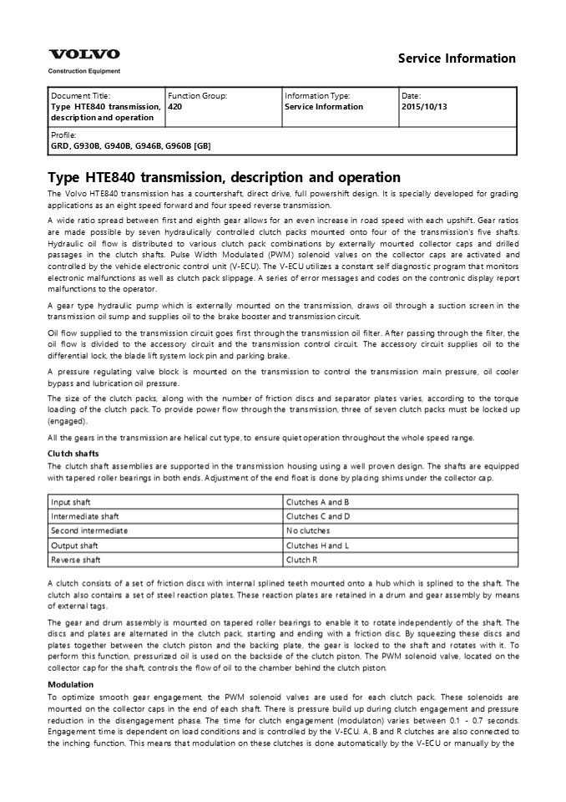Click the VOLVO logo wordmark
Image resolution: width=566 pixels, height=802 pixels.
83,54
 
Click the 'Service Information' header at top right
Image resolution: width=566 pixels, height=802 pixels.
457,58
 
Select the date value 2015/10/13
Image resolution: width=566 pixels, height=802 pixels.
425,107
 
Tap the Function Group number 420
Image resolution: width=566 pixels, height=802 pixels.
175,107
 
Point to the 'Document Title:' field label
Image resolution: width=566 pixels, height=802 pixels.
80,96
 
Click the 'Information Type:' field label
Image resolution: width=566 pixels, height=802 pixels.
317,96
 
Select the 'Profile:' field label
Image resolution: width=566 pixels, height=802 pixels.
63,135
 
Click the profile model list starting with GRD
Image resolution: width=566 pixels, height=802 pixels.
131,145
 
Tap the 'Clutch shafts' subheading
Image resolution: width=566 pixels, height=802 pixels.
75,454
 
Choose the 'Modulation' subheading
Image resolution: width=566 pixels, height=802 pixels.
71,684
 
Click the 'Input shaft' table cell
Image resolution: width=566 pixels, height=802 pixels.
73,502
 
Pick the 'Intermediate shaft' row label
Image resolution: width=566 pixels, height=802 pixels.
85,516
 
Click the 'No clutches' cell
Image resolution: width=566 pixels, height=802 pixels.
308,530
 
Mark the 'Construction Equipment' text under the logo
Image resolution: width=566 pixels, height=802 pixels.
83,71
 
